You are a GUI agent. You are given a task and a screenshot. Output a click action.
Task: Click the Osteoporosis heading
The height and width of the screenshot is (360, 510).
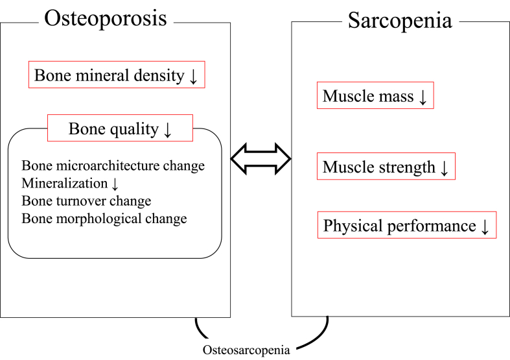point(105,18)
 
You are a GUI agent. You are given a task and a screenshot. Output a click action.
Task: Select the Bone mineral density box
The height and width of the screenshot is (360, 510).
point(117,76)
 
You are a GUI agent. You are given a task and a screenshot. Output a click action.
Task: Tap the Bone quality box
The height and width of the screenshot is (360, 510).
point(120,128)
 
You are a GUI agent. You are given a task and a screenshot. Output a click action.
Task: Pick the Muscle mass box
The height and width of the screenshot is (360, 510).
point(375,97)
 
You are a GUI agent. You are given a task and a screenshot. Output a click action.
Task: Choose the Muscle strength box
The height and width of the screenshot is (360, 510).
point(386,167)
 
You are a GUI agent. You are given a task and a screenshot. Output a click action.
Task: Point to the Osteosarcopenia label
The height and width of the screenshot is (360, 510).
point(246,350)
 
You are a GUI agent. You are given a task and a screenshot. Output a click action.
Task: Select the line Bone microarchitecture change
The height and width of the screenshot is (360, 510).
point(113,165)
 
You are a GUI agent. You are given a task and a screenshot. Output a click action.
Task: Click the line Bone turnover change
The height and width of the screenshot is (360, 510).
point(86,200)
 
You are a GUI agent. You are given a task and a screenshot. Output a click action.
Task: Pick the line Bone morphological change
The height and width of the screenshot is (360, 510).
point(104,218)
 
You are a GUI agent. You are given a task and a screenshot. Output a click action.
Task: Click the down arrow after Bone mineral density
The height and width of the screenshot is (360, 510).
point(193,77)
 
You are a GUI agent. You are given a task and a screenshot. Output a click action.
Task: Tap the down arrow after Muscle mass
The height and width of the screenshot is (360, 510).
point(423,97)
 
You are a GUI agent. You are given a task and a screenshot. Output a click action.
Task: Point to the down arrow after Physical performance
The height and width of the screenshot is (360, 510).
point(485,226)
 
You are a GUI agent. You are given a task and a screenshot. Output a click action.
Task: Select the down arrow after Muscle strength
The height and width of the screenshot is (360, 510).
point(444,168)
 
